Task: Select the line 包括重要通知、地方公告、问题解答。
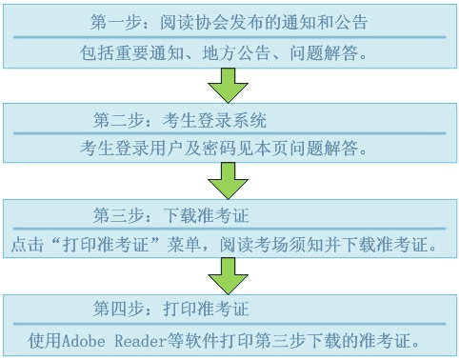tap(228, 48)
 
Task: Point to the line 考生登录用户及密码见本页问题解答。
tap(228, 150)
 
